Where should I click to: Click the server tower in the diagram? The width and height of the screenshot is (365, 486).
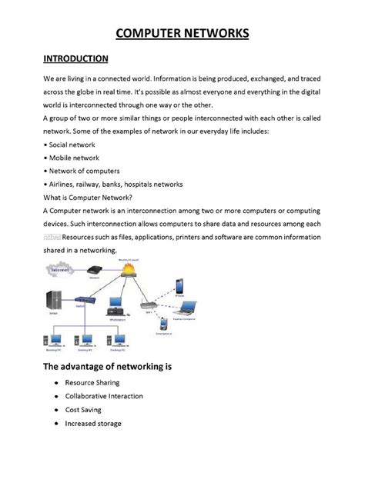click(54, 301)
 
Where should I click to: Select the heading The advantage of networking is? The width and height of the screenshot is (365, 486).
click(107, 366)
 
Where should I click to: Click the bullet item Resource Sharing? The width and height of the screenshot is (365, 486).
click(92, 382)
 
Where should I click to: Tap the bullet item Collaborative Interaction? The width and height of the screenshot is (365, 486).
click(104, 396)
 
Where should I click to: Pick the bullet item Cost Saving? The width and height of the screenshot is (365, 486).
click(83, 410)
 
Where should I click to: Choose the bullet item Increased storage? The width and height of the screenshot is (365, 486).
click(93, 424)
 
